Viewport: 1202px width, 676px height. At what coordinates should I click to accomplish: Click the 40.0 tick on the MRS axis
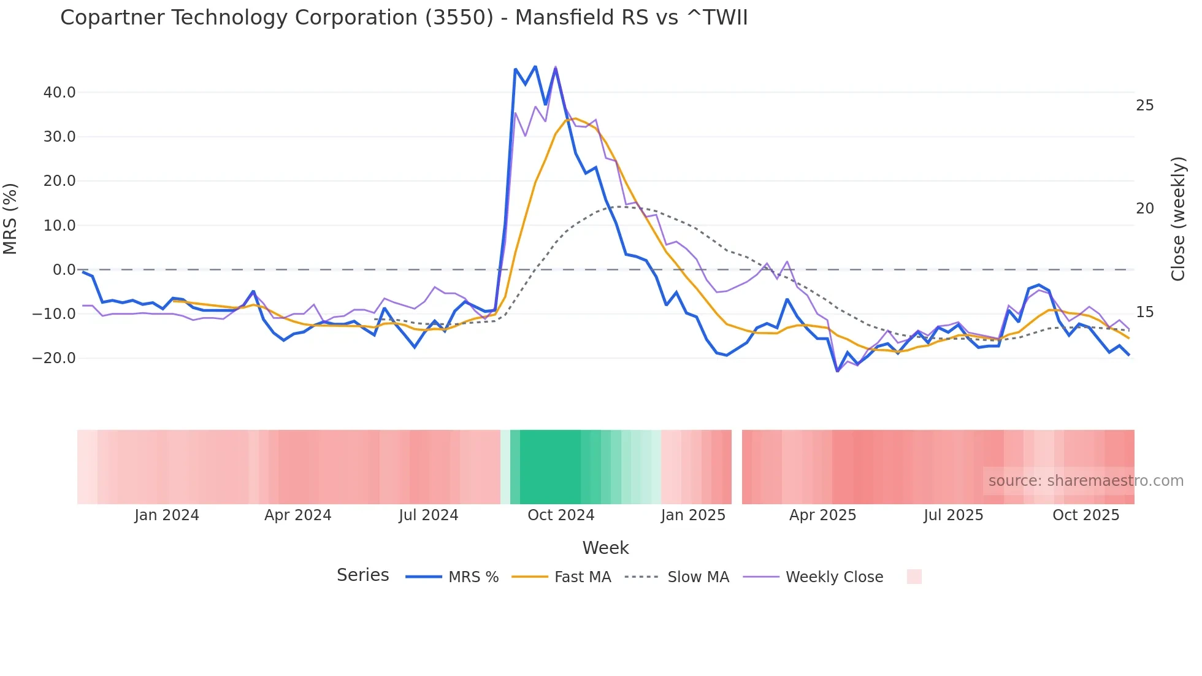point(59,93)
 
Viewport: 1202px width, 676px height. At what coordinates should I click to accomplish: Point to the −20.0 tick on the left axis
point(54,358)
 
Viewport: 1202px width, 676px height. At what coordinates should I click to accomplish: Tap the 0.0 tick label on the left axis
point(64,270)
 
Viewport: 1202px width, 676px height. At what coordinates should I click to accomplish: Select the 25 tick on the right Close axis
point(1144,106)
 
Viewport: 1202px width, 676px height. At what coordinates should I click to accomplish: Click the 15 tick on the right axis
point(1144,312)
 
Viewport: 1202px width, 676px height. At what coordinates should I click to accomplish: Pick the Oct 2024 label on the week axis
point(561,515)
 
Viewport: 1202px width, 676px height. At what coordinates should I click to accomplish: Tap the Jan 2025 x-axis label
point(693,515)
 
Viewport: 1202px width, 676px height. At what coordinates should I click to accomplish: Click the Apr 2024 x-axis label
point(297,515)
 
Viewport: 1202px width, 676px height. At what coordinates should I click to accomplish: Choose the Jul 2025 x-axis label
point(953,515)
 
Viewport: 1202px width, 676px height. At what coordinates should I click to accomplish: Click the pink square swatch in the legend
point(914,577)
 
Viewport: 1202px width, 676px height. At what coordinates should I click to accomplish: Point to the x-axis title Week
point(605,548)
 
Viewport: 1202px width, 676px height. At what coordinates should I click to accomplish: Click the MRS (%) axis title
point(10,219)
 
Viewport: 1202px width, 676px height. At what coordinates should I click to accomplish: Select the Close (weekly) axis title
point(1177,219)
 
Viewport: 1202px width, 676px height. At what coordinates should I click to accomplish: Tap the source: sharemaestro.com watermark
point(1085,481)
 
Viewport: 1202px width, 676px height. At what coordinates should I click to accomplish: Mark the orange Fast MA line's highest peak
point(575,118)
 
